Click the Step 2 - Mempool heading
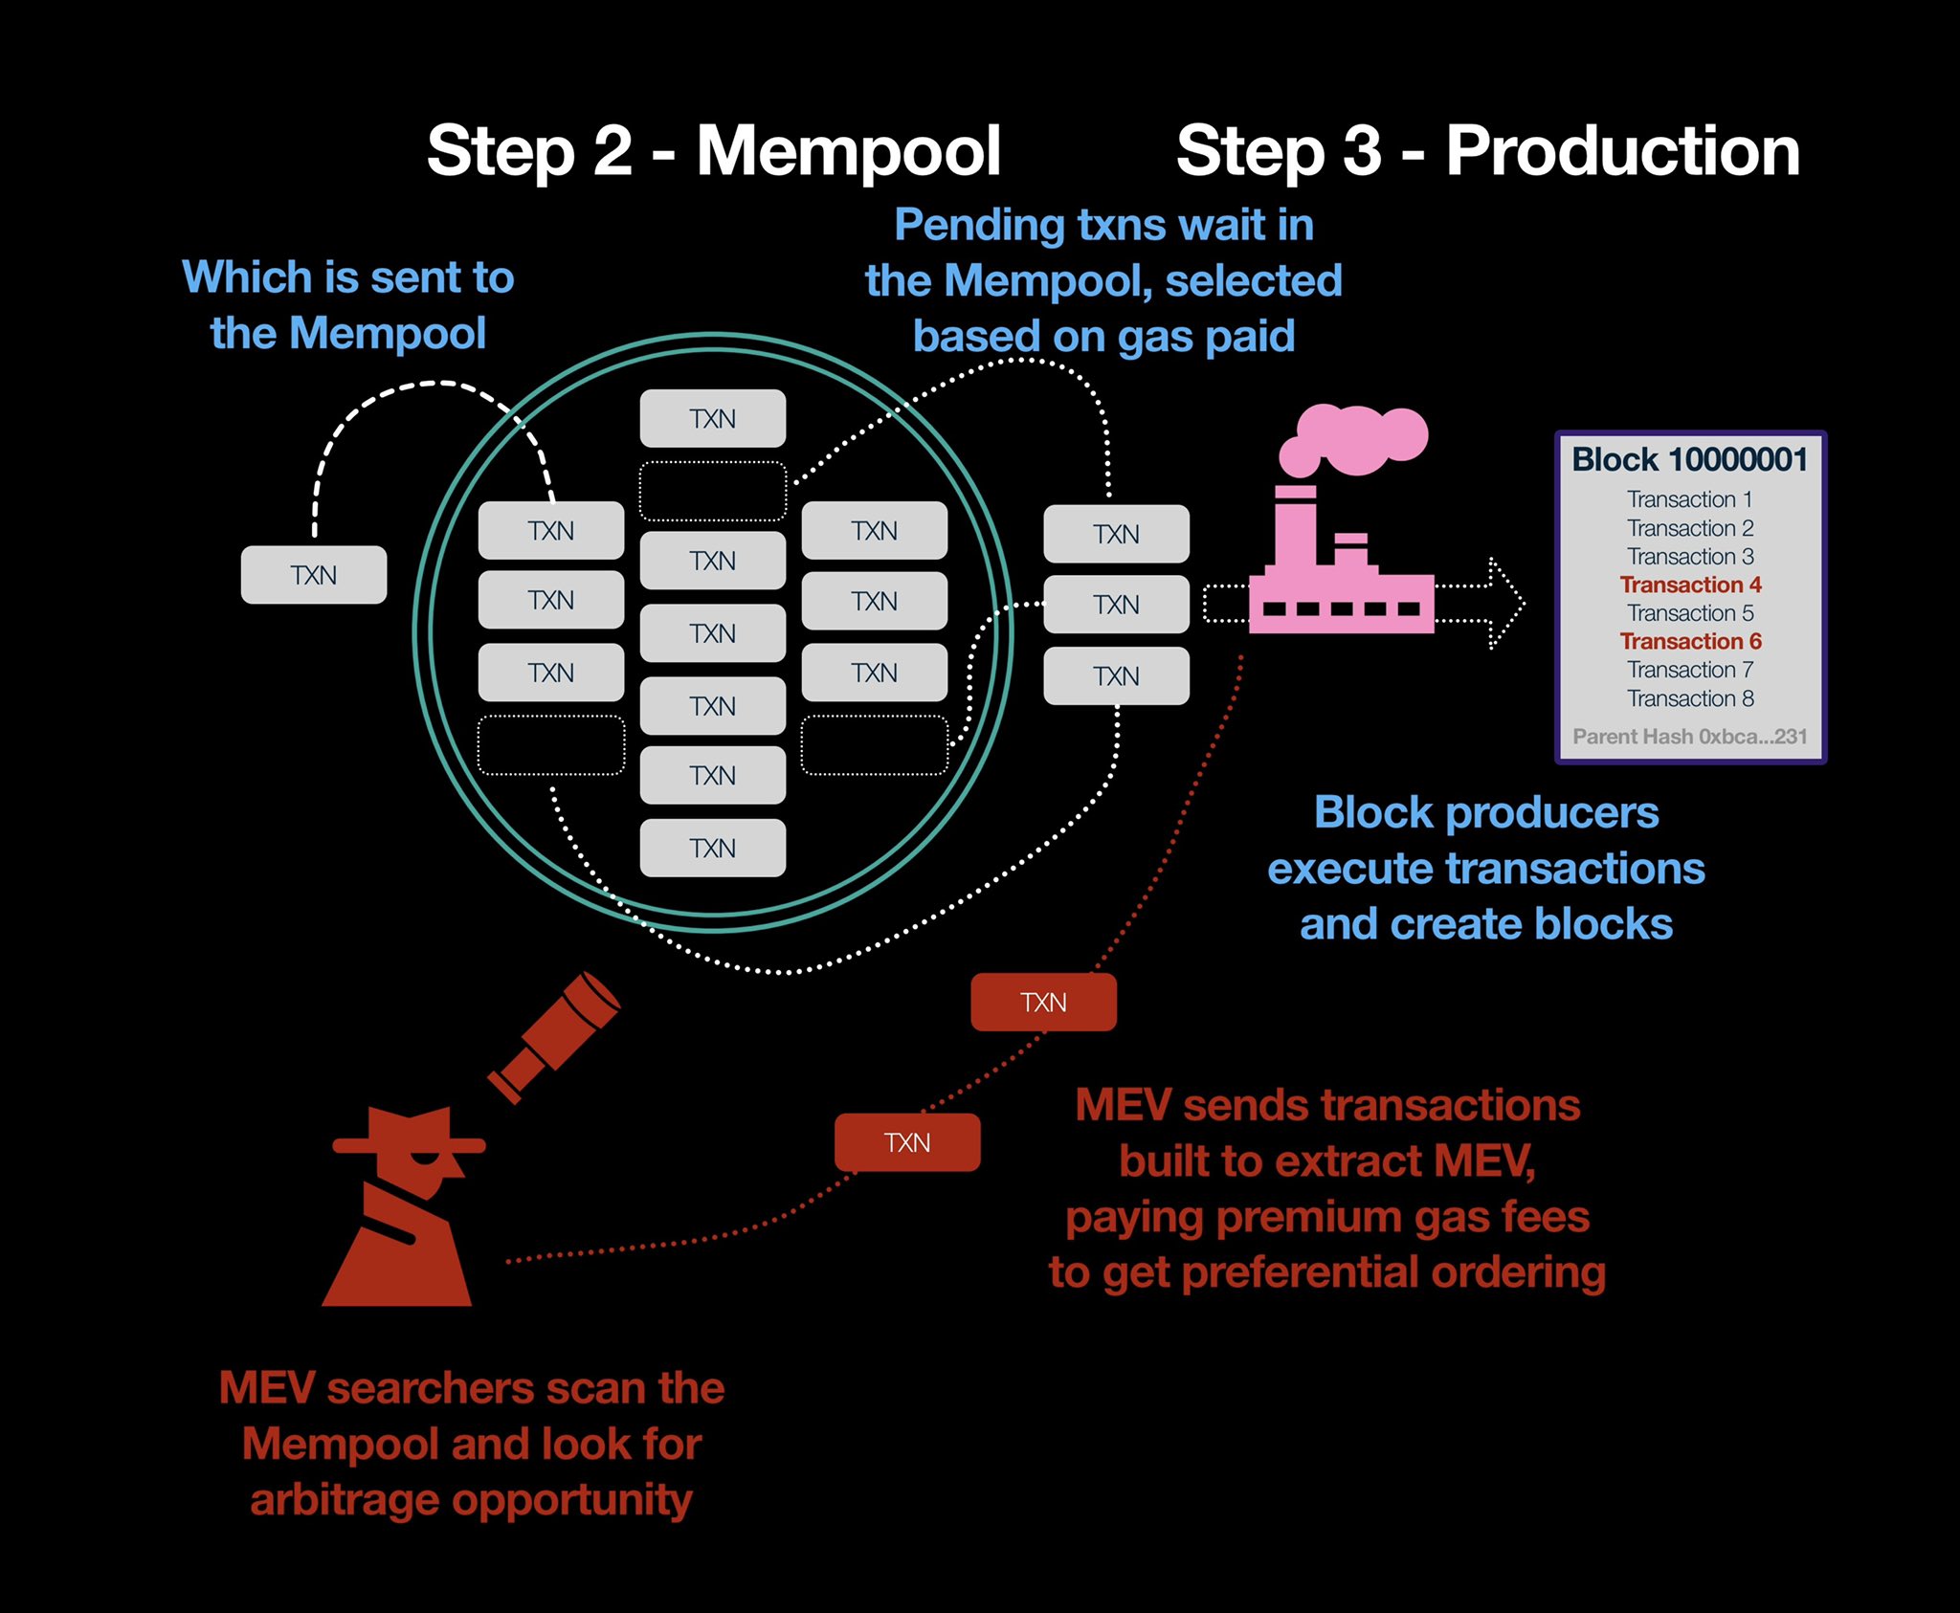(713, 151)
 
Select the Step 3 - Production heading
(1487, 151)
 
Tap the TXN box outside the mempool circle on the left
(314, 575)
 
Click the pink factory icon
(1340, 574)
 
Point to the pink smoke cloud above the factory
(1354, 438)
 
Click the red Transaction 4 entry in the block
(1690, 585)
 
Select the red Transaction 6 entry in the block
(1690, 641)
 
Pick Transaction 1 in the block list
(1690, 499)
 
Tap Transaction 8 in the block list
(1690, 698)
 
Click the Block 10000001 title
(1689, 460)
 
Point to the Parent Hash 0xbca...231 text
(1690, 737)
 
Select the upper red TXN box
(1043, 1003)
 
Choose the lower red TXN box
(907, 1142)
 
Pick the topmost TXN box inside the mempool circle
(713, 419)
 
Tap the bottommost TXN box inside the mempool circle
(713, 849)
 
